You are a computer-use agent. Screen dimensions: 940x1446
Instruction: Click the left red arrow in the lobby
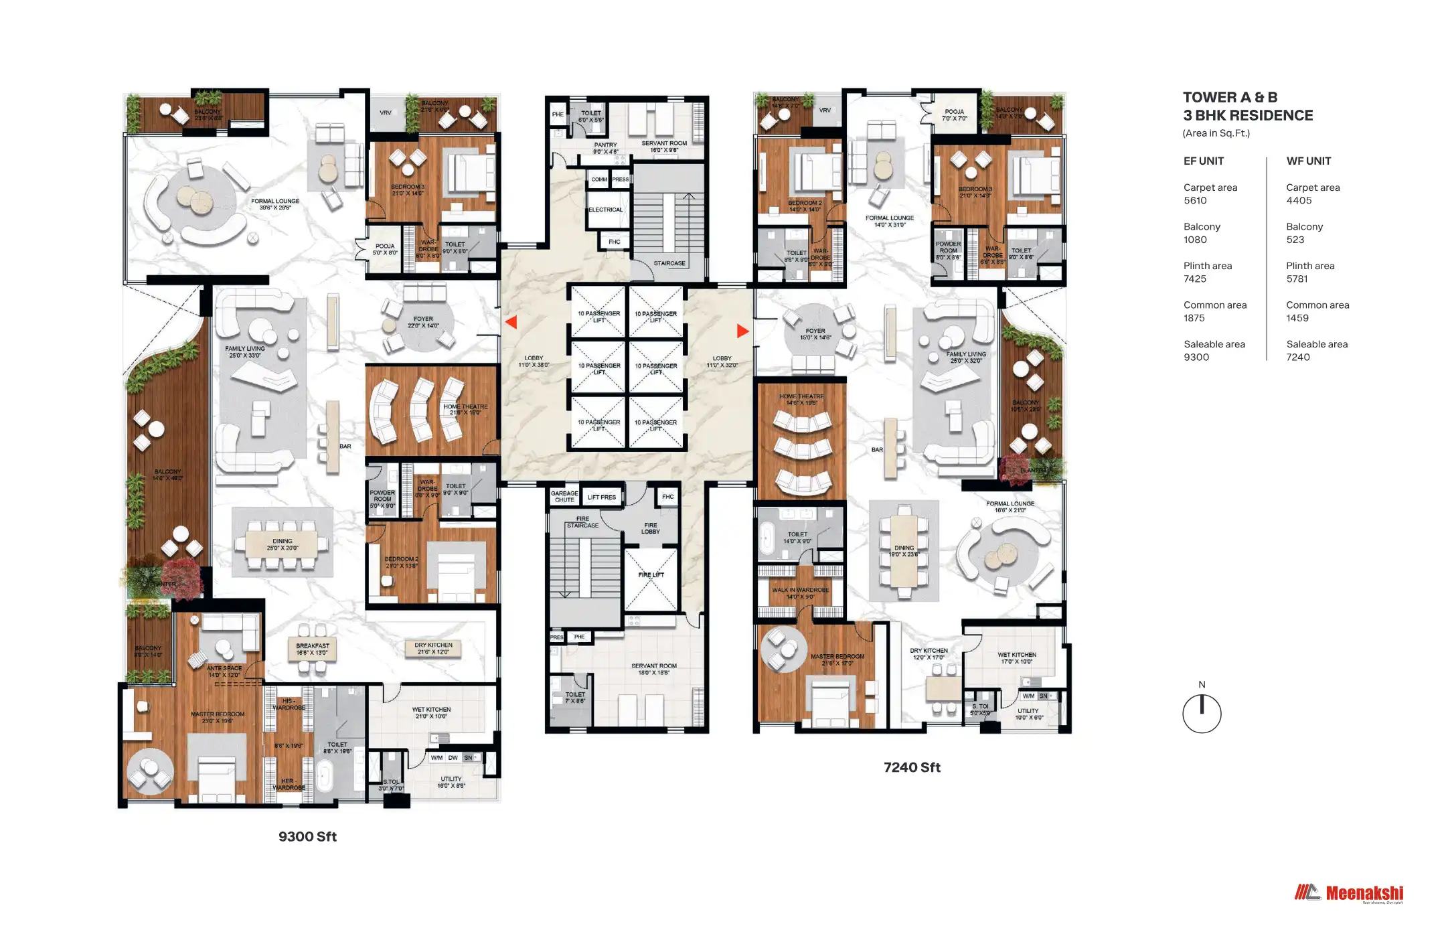click(511, 322)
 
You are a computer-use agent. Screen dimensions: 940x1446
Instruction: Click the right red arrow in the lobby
click(742, 331)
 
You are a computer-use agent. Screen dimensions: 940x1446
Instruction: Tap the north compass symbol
click(1202, 713)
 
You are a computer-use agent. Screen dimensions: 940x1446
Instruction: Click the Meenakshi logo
click(1348, 893)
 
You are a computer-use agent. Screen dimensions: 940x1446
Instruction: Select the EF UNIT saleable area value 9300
click(1196, 358)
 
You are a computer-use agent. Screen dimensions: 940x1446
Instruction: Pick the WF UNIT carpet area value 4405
click(1299, 201)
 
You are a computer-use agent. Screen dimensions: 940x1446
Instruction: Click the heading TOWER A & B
click(1230, 98)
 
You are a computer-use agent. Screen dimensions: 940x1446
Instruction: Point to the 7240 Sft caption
click(912, 768)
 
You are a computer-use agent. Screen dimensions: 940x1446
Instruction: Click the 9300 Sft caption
click(307, 837)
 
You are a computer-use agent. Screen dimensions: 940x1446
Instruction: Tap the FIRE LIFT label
click(651, 575)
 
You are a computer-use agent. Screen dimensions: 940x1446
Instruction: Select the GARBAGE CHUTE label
click(564, 497)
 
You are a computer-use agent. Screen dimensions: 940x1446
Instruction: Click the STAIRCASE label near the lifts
click(669, 263)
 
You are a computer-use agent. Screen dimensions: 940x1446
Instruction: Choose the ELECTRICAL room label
click(605, 210)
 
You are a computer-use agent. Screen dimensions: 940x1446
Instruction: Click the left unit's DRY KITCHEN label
click(433, 649)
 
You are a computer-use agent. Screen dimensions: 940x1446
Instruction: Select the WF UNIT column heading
click(1308, 161)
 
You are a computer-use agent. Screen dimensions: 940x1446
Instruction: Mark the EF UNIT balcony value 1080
click(1195, 240)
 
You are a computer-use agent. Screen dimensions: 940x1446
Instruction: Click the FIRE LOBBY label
click(650, 528)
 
